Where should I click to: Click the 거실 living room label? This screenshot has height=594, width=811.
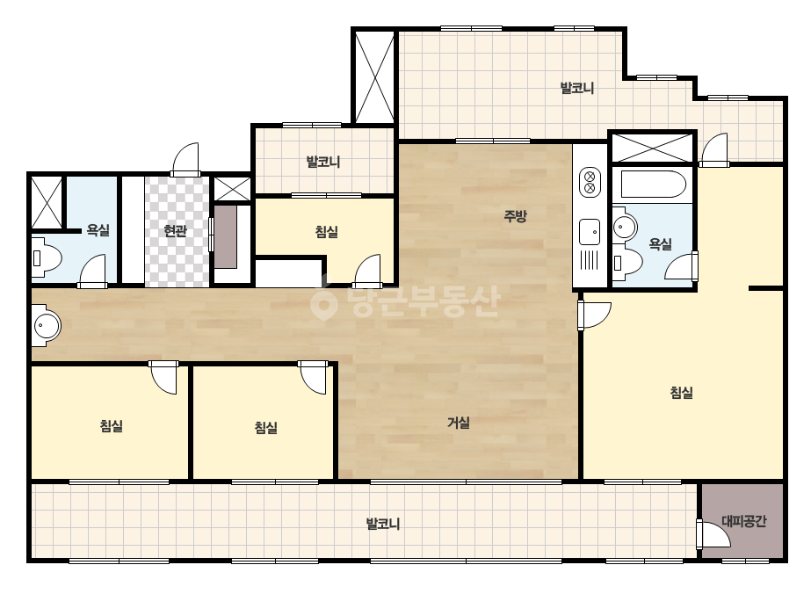click(459, 423)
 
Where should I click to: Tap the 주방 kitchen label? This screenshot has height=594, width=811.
click(515, 215)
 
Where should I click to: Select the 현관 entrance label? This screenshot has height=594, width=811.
click(175, 230)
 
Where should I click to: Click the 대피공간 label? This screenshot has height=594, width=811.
click(743, 521)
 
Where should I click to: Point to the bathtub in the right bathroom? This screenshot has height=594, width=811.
click(653, 185)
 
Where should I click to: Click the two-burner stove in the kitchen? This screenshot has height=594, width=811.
click(589, 182)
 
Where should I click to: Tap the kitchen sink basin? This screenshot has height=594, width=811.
click(589, 232)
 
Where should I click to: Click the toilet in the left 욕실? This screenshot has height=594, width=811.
click(47, 257)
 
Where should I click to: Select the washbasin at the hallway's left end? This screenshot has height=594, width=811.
click(46, 325)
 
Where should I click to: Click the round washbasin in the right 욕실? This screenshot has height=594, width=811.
click(624, 226)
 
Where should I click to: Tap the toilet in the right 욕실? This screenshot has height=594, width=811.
click(626, 261)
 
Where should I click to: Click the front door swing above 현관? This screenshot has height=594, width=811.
click(185, 159)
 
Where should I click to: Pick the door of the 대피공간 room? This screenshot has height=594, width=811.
click(713, 533)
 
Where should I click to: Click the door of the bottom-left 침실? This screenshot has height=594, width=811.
click(163, 377)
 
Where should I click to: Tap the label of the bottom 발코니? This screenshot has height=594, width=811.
click(383, 524)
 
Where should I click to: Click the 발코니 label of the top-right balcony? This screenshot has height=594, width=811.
click(577, 88)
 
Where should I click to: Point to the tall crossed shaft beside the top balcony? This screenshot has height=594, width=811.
click(374, 76)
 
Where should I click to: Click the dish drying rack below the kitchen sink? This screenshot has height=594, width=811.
click(589, 260)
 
